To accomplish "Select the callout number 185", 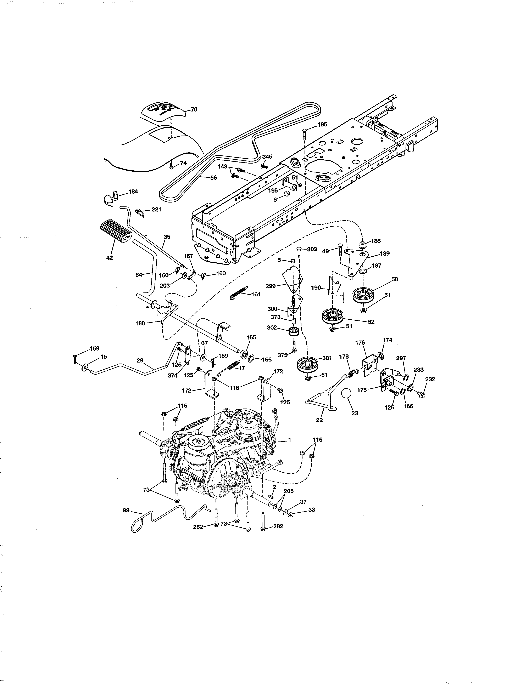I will coord(322,124).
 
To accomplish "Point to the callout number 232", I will coord(430,379).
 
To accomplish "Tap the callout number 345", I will coord(267,156).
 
